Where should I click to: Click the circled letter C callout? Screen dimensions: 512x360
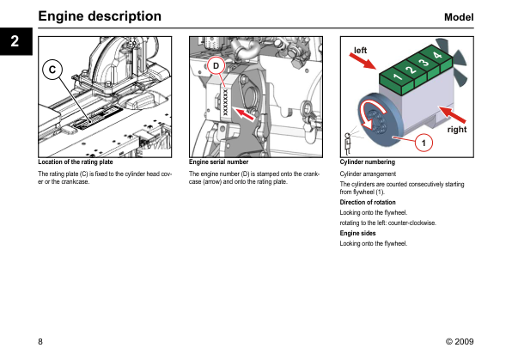click(52, 70)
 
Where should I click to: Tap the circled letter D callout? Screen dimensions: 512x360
click(216, 66)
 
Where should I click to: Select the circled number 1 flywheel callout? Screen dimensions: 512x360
click(424, 143)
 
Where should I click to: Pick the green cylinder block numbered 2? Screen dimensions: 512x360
click(411, 71)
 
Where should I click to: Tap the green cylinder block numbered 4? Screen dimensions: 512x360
click(437, 57)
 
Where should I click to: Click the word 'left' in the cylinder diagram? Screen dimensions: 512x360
click(360, 51)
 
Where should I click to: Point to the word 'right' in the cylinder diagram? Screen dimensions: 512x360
click(457, 130)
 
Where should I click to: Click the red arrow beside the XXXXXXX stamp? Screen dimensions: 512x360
click(245, 114)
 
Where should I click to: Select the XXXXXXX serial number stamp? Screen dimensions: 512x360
click(225, 102)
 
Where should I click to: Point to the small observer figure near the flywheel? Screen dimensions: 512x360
click(348, 143)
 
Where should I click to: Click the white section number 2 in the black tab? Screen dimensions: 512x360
click(15, 41)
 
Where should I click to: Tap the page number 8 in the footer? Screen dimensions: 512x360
click(40, 342)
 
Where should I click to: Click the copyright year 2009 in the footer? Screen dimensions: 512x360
click(464, 342)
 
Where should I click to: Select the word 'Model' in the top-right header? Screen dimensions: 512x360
click(459, 17)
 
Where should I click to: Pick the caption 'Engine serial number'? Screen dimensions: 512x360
click(218, 162)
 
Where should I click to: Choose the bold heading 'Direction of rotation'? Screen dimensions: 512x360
click(368, 202)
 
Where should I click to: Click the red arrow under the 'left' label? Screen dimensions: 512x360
click(363, 61)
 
